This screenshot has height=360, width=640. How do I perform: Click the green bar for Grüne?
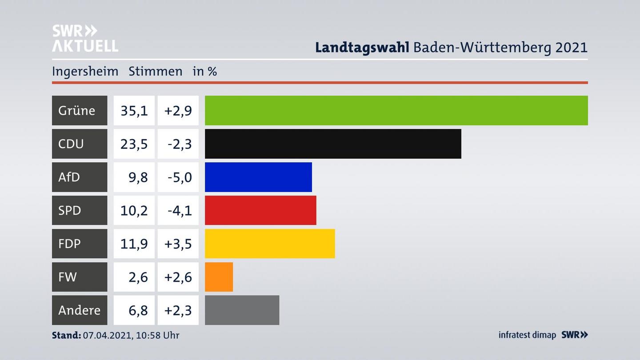[396, 110]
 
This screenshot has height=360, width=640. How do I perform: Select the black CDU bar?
[333, 144]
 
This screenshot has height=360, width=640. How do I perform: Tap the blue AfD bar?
[258, 177]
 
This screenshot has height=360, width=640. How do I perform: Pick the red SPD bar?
[260, 210]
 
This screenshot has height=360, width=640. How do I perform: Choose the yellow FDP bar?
[270, 244]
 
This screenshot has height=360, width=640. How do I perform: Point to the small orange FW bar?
[219, 277]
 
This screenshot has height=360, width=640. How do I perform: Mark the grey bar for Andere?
[242, 310]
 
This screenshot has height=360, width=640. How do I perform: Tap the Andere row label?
[79, 310]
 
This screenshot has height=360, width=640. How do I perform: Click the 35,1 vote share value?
[134, 110]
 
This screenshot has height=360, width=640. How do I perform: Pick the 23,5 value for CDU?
[134, 144]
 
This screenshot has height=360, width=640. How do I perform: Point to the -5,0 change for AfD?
[179, 177]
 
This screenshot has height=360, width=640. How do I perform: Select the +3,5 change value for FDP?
[178, 244]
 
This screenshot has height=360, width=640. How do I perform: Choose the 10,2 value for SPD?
[134, 210]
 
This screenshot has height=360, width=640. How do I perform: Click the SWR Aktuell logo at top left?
[85, 38]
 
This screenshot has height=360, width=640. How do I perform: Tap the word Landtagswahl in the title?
[362, 47]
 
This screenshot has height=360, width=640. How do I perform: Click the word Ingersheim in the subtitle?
[85, 71]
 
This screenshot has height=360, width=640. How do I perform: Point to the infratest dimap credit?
[527, 335]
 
